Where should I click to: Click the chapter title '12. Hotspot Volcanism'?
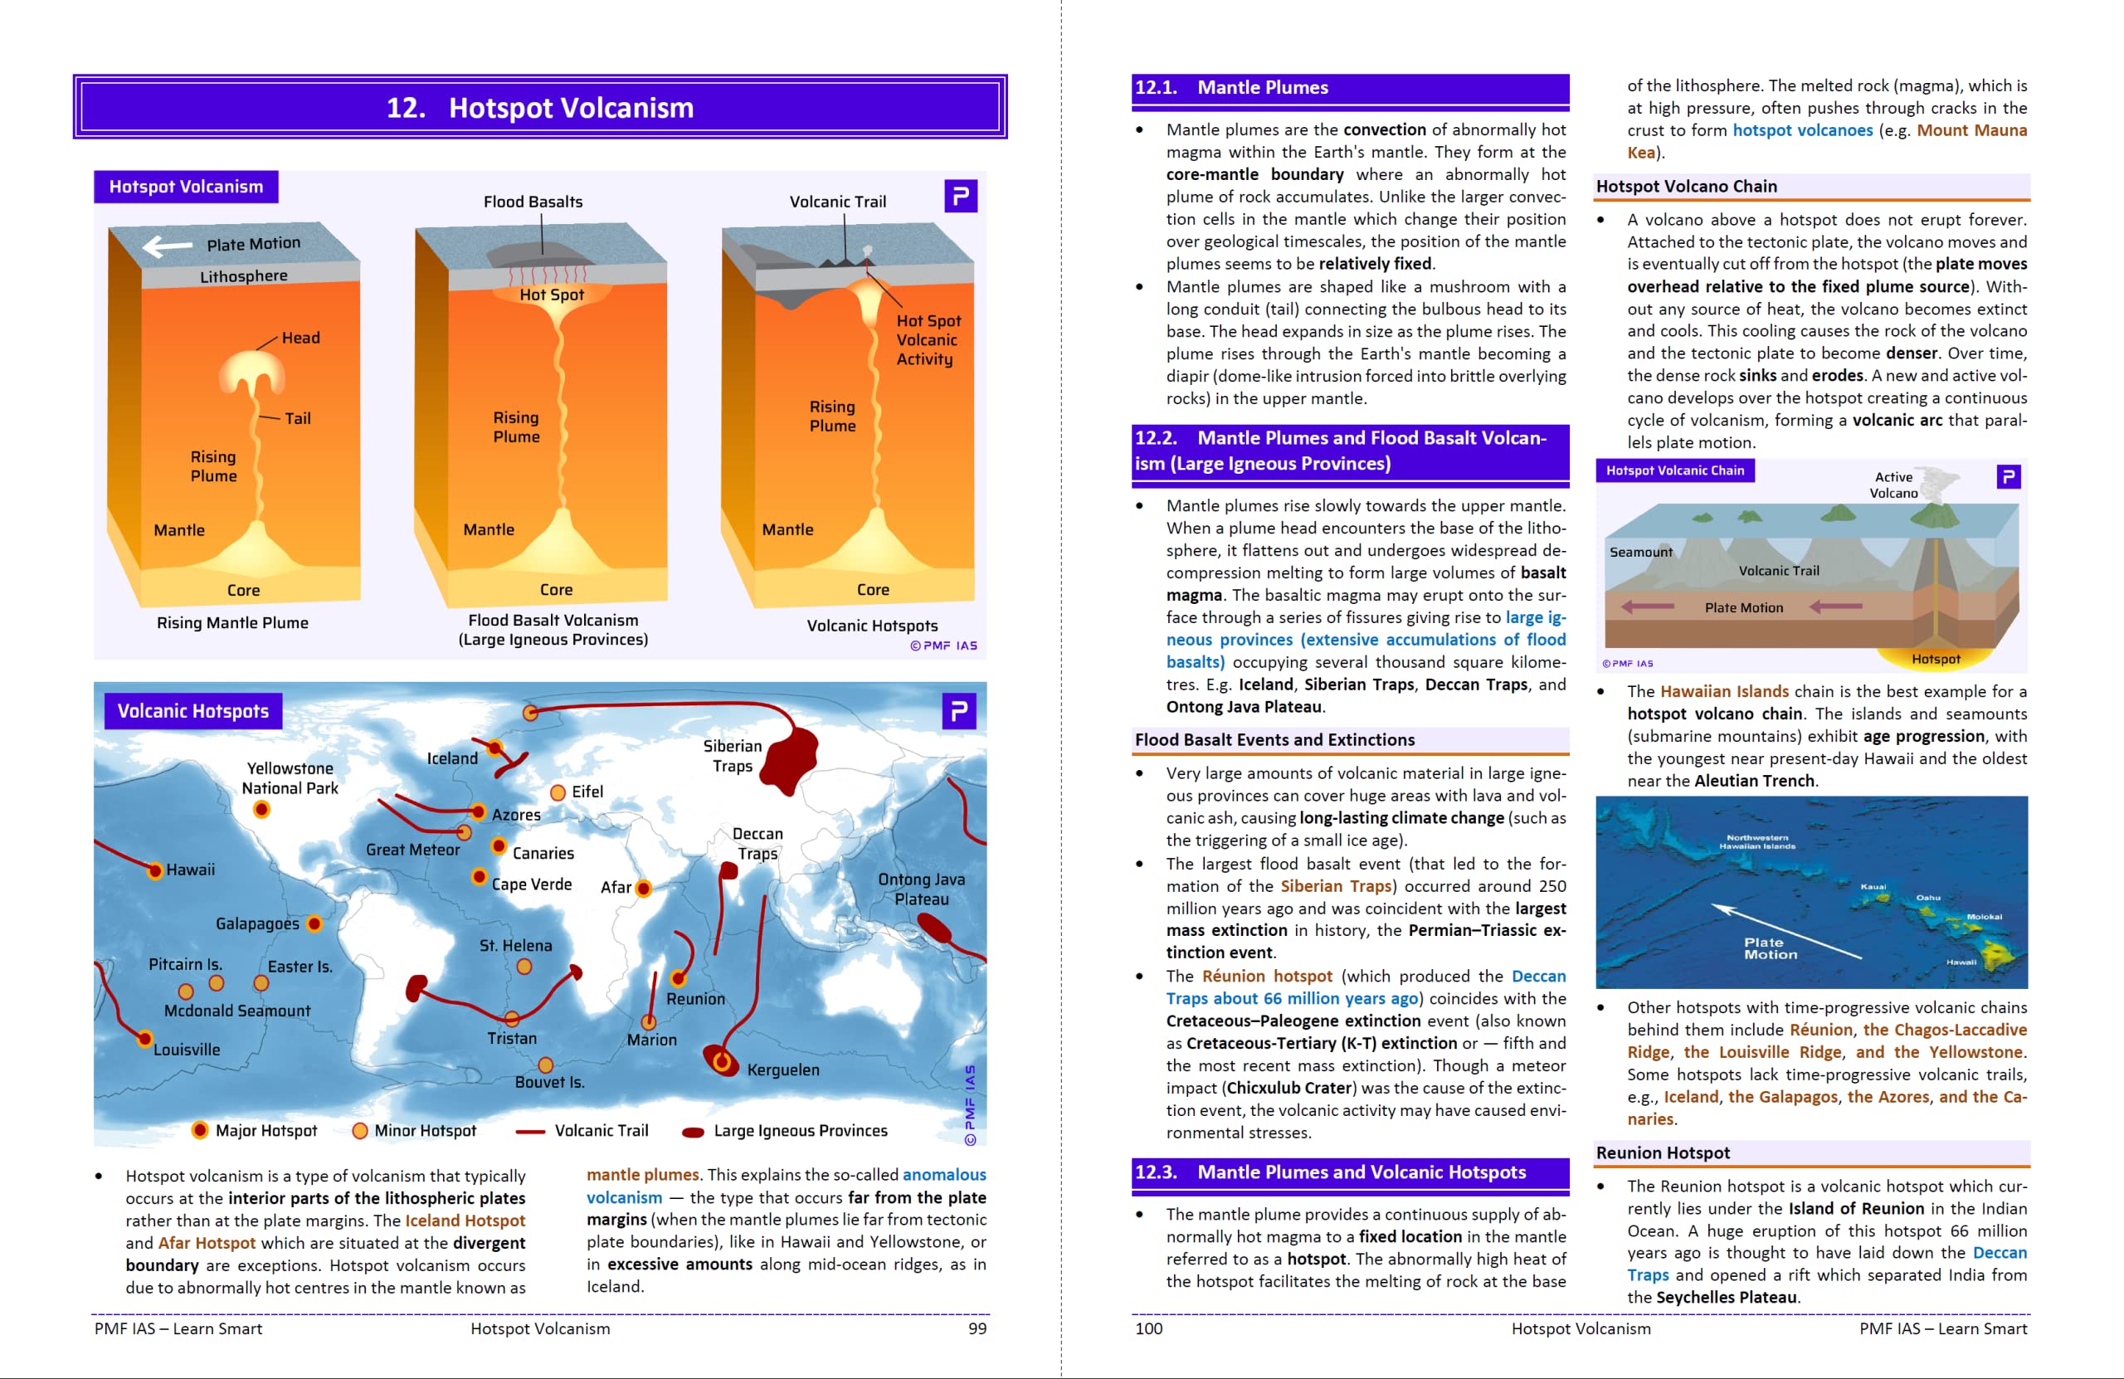click(540, 107)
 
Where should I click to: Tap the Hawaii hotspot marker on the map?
click(155, 870)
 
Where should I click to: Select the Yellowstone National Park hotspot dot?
click(261, 810)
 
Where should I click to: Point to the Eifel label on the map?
click(587, 792)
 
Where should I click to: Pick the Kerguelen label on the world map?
click(782, 1070)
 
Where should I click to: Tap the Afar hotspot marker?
click(644, 888)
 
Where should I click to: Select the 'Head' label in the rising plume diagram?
click(300, 338)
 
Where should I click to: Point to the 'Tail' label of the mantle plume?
click(298, 417)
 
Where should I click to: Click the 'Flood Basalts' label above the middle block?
click(533, 202)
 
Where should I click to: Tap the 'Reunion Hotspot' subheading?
click(1663, 1152)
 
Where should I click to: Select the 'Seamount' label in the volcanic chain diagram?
click(1640, 552)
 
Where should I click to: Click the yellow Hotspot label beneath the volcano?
click(1936, 659)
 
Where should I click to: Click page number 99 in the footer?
click(977, 1328)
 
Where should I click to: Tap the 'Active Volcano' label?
click(1893, 485)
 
